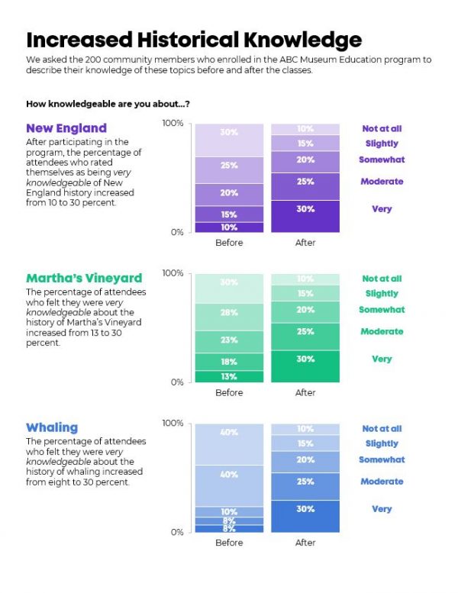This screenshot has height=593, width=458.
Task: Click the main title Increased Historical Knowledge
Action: [194, 40]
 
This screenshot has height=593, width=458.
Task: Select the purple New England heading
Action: [66, 128]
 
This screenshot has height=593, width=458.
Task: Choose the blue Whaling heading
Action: [52, 428]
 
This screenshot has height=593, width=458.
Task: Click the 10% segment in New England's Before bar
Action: [229, 227]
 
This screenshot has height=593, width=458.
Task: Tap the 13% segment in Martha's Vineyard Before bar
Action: [229, 376]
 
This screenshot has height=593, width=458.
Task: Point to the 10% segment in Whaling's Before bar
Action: [229, 511]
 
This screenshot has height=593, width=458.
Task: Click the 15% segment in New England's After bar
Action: [305, 143]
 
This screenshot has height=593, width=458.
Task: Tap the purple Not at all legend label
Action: [382, 129]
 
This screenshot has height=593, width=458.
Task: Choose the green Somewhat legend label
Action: [382, 310]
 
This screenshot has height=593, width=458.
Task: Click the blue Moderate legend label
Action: [382, 482]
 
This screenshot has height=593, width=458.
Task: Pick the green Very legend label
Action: [382, 359]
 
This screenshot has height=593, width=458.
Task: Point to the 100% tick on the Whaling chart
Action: [174, 424]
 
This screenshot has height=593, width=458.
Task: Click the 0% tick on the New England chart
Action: [176, 232]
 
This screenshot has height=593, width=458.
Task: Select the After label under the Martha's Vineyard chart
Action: [305, 392]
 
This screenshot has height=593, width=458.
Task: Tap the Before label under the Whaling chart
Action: [229, 543]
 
